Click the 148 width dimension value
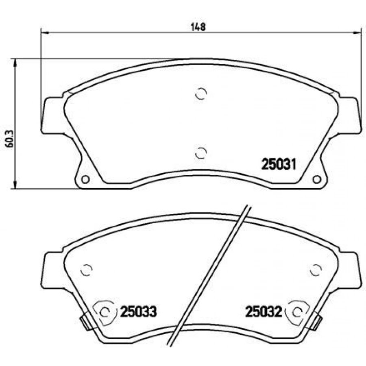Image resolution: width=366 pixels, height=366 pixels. (x=198, y=27)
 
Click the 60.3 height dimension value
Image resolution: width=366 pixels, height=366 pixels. (x=10, y=139)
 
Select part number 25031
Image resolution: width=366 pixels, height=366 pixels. (x=279, y=164)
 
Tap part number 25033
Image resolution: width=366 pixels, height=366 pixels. (x=138, y=312)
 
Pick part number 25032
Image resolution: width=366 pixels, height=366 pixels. (x=264, y=312)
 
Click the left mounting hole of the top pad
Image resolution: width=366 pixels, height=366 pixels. (x=85, y=179)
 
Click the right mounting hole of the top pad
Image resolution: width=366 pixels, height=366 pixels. (x=316, y=179)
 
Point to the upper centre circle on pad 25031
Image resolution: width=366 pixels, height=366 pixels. (x=201, y=94)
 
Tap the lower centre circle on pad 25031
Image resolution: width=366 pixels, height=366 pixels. (x=201, y=153)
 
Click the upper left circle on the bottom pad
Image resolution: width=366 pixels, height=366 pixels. (x=86, y=270)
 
